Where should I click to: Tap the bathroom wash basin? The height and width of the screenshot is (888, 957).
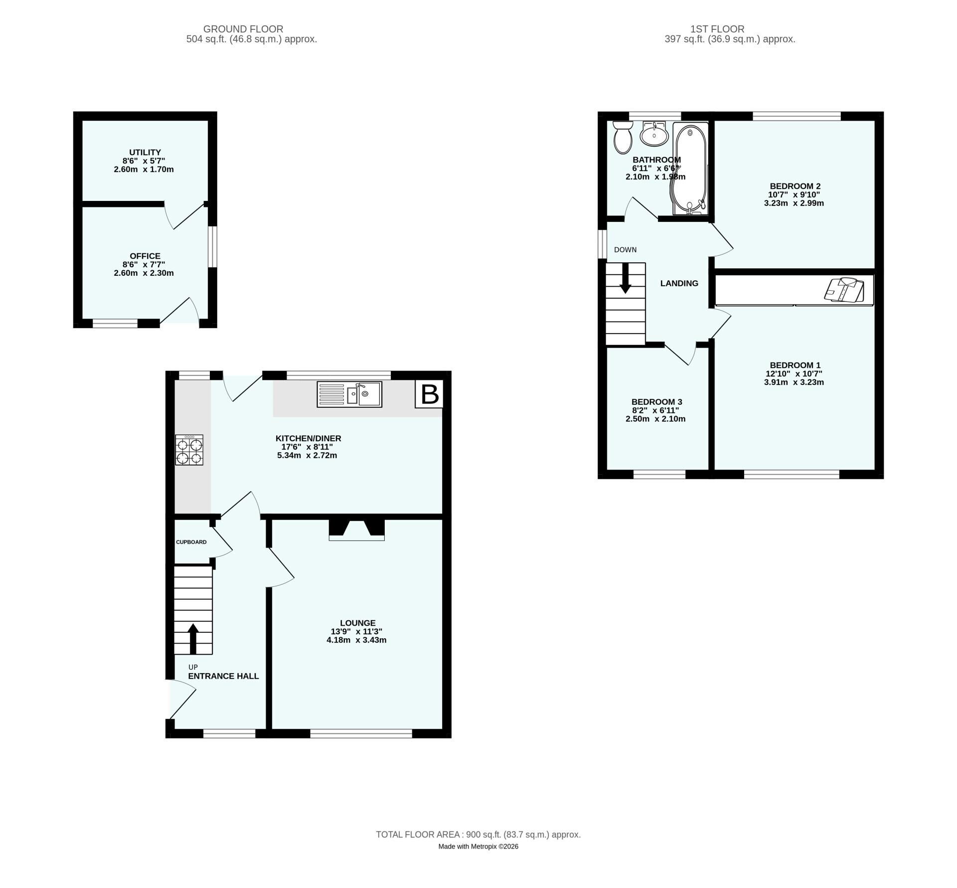654,134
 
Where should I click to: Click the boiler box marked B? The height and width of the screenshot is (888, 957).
429,394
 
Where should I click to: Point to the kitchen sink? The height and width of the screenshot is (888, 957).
349,394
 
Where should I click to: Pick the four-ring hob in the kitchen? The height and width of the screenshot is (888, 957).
189,450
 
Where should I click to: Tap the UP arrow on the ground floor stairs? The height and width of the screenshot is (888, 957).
193,639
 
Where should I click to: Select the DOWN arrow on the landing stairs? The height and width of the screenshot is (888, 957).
625,278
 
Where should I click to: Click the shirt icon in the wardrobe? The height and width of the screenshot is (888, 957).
844,290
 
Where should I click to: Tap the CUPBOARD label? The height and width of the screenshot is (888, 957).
191,542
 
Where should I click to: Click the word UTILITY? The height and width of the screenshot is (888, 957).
145,152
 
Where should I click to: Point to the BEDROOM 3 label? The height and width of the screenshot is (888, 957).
656,402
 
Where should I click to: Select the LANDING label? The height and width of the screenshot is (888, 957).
679,283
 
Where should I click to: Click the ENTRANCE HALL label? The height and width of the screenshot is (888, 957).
223,676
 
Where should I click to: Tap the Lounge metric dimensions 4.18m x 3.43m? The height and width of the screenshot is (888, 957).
356,640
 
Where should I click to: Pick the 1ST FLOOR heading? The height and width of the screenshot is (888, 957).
717,29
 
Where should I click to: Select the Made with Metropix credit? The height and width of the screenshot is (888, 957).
478,847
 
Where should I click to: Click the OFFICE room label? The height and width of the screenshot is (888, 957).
145,256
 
